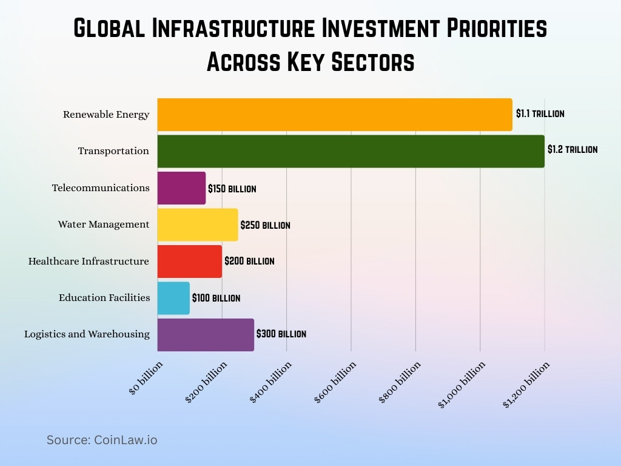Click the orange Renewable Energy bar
334,115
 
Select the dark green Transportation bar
351,151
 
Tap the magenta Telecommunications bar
181,188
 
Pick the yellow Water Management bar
197,225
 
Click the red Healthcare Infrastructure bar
189,262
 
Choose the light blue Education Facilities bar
173,298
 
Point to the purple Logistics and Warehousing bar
206,334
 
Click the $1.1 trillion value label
540,113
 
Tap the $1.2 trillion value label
572,149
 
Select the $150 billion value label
232,189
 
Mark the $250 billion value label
265,225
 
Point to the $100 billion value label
216,298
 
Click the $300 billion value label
281,334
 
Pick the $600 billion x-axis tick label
335,381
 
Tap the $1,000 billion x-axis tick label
462,384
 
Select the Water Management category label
104,225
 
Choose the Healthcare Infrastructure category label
89,262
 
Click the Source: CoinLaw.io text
102,440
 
